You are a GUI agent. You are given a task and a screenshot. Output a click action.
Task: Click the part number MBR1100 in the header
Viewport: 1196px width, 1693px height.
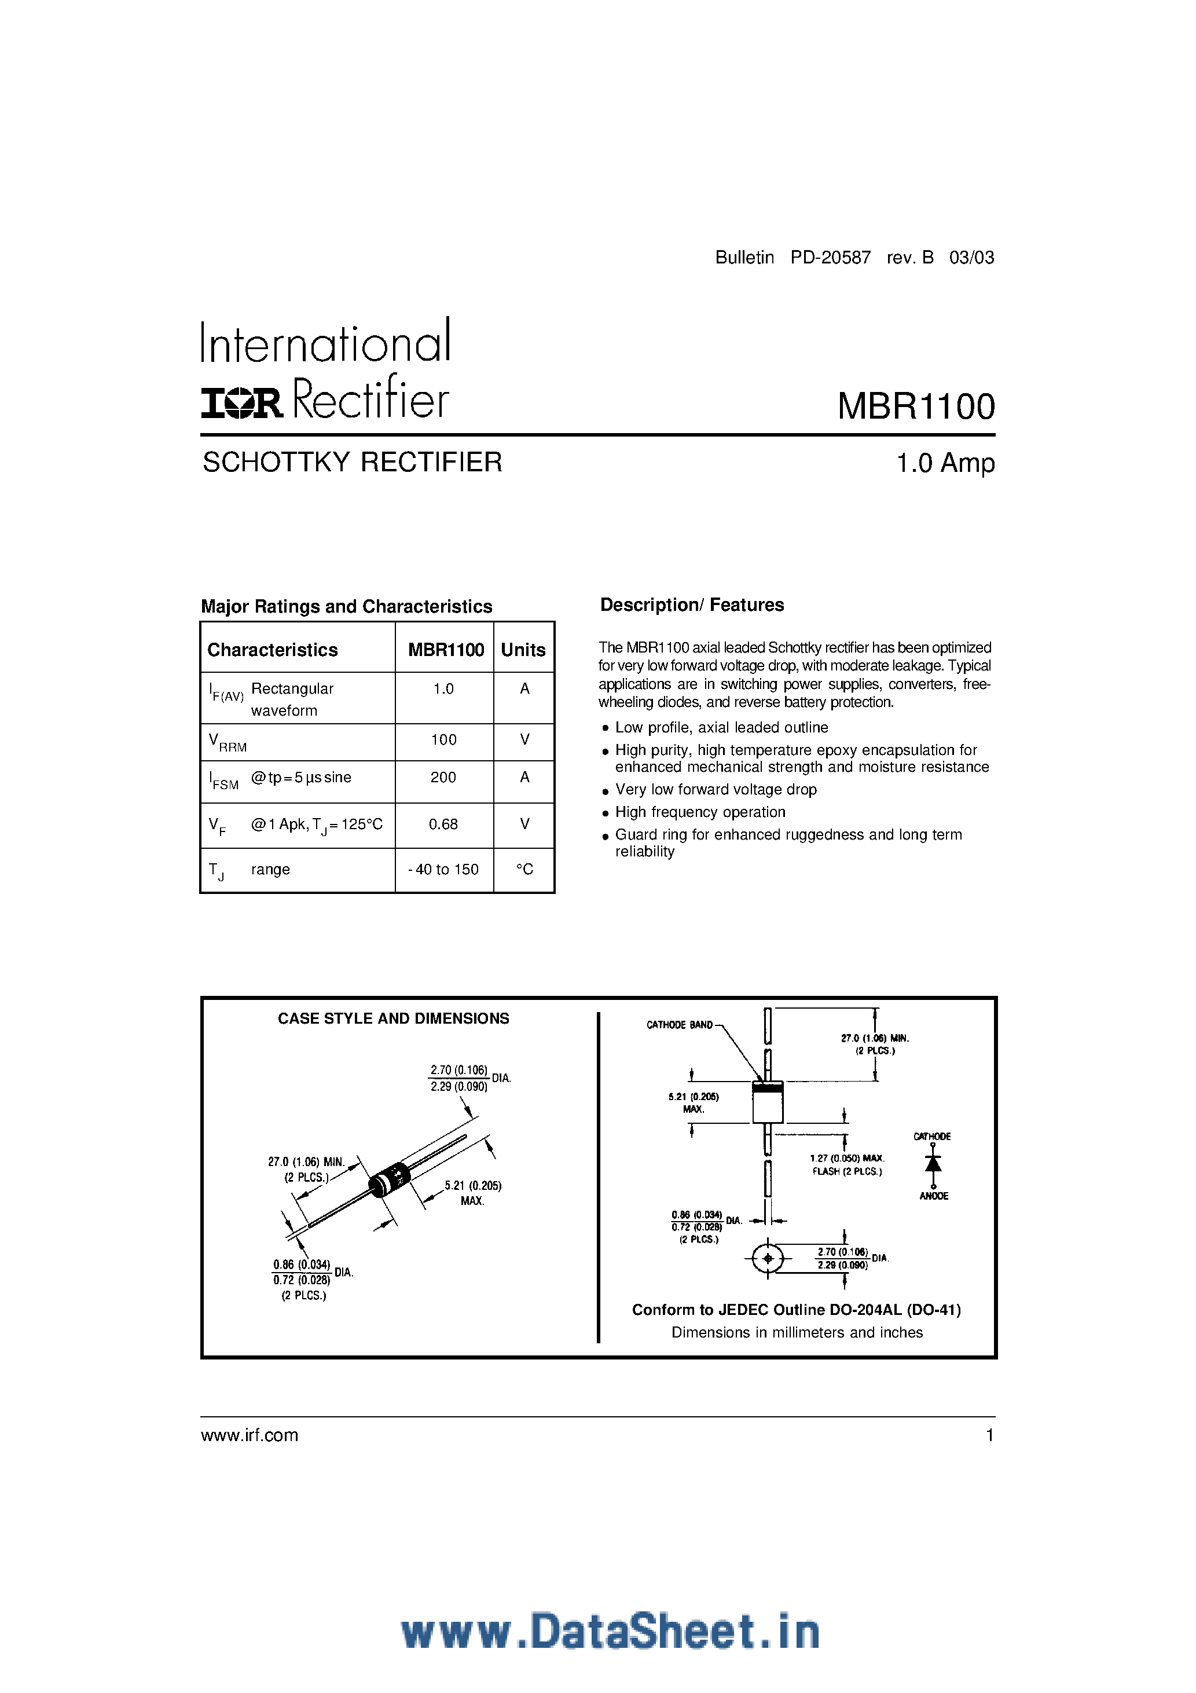click(916, 406)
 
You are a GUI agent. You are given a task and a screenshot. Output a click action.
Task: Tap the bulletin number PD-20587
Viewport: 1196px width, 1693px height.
click(830, 257)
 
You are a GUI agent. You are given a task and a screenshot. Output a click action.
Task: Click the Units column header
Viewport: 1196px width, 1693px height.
click(523, 650)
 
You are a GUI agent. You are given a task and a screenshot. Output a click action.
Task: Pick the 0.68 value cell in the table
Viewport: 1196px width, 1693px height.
click(443, 824)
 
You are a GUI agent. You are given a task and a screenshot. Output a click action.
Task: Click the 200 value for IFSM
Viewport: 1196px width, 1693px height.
click(443, 777)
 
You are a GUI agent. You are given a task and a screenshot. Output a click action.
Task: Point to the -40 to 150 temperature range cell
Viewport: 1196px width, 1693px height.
click(443, 869)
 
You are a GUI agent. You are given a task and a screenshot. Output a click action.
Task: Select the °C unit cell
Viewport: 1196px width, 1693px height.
click(524, 869)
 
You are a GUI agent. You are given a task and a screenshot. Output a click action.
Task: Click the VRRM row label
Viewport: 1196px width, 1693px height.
click(227, 742)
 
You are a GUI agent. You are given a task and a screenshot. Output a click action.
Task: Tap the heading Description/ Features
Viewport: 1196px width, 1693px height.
click(692, 604)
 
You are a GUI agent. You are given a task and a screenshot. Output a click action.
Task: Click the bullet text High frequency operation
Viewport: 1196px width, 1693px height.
click(700, 812)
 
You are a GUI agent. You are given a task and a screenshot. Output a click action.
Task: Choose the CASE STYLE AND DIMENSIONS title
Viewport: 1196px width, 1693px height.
click(393, 1018)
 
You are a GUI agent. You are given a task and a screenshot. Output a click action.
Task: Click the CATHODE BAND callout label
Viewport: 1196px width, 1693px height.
click(679, 1025)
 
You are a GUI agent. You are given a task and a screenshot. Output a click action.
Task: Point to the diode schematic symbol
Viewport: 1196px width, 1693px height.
click(933, 1164)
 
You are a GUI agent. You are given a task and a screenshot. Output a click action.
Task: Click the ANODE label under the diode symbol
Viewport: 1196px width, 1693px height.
click(934, 1196)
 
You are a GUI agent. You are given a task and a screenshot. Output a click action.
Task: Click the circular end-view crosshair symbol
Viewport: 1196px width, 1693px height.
click(768, 1258)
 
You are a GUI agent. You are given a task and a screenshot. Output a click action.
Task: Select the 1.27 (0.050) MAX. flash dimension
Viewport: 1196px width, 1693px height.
click(846, 1159)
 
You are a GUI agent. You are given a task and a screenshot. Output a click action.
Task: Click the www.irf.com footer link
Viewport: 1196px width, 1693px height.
click(250, 1435)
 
